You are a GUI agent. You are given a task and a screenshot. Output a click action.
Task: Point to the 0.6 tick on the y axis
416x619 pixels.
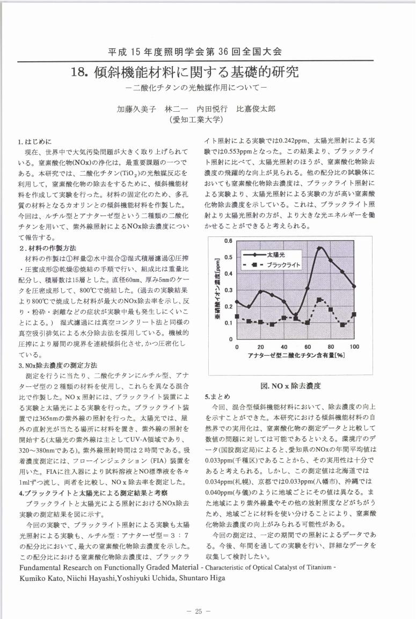click(228, 241)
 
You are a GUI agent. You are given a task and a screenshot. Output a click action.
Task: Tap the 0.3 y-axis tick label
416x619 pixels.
click(228, 290)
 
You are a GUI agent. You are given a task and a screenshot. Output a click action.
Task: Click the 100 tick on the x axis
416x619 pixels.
click(354, 347)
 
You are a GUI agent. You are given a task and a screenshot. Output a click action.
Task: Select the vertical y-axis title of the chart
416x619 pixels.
click(217, 290)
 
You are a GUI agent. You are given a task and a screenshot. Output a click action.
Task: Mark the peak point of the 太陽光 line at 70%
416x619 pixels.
click(319, 248)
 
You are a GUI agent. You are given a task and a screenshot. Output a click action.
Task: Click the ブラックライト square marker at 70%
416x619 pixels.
click(319, 300)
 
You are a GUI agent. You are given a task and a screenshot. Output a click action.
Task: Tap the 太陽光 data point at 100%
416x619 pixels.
click(354, 286)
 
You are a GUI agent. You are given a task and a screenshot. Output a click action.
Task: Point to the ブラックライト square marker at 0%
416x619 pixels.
click(237, 316)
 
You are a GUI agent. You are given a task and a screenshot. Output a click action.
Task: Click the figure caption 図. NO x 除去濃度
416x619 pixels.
click(290, 385)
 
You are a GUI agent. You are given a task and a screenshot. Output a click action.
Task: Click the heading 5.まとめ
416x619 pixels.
click(217, 397)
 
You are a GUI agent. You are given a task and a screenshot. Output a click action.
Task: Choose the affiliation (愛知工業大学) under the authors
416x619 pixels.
click(196, 119)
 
